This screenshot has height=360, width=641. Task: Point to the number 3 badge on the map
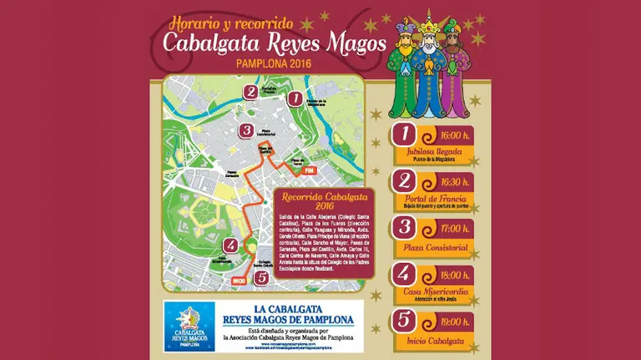coord(245,130)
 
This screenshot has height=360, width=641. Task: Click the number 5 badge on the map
coord(262,277)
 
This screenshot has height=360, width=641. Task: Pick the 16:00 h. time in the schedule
coord(455,135)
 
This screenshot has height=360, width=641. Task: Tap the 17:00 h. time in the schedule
coord(455,226)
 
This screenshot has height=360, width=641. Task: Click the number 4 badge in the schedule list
coord(404,274)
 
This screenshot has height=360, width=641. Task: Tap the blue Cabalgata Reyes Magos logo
coord(192,327)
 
